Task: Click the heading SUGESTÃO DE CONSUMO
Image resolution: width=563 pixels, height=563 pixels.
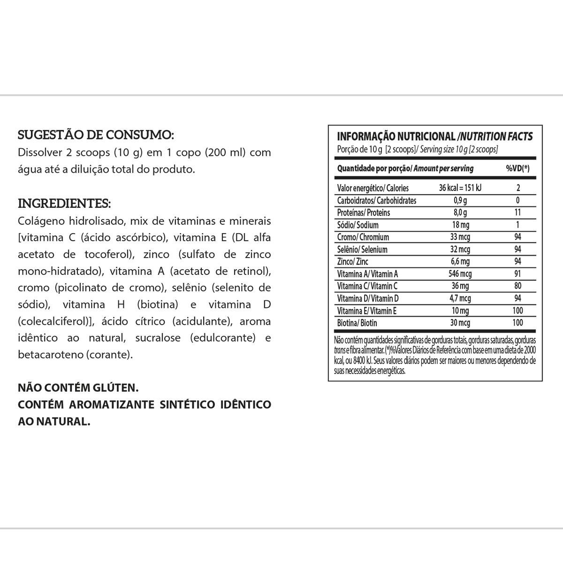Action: [96, 135]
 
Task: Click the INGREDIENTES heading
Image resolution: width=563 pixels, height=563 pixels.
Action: [64, 204]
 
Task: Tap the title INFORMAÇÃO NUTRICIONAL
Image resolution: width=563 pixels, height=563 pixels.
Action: [396, 137]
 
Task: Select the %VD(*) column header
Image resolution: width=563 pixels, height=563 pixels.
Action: [517, 168]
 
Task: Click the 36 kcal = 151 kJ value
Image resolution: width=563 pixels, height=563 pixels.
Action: [460, 188]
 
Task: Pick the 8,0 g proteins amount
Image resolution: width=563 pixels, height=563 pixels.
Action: [460, 213]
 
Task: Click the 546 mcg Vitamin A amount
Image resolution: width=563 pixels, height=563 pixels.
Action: [460, 274]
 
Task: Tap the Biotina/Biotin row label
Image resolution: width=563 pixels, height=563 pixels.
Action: [357, 323]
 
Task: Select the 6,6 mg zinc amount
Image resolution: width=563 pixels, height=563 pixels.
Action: [460, 261]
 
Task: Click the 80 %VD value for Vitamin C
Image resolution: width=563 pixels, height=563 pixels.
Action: [517, 286]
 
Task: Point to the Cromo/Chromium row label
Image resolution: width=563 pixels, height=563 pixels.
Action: [363, 237]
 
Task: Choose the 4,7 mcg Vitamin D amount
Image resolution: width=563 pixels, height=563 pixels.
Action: [460, 298]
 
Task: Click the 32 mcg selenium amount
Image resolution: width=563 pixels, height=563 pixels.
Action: [460, 249]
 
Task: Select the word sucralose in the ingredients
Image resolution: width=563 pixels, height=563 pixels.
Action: [159, 338]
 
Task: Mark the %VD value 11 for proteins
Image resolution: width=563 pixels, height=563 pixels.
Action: [517, 213]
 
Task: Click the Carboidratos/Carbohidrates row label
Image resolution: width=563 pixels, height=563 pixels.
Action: [377, 200]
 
